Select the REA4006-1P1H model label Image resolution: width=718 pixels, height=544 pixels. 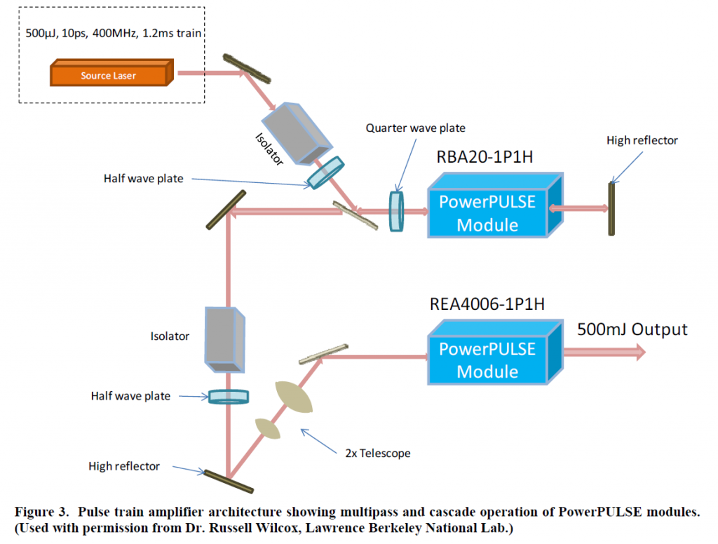(x=487, y=304)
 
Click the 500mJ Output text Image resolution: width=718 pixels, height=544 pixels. (x=632, y=329)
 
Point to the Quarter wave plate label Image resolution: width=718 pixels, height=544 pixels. (x=416, y=128)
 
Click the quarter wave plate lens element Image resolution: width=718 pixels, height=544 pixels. (x=397, y=210)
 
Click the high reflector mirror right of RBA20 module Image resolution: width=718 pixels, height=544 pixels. (x=611, y=208)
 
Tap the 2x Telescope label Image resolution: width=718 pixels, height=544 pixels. (x=377, y=453)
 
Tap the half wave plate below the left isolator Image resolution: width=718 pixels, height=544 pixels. (x=229, y=397)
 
